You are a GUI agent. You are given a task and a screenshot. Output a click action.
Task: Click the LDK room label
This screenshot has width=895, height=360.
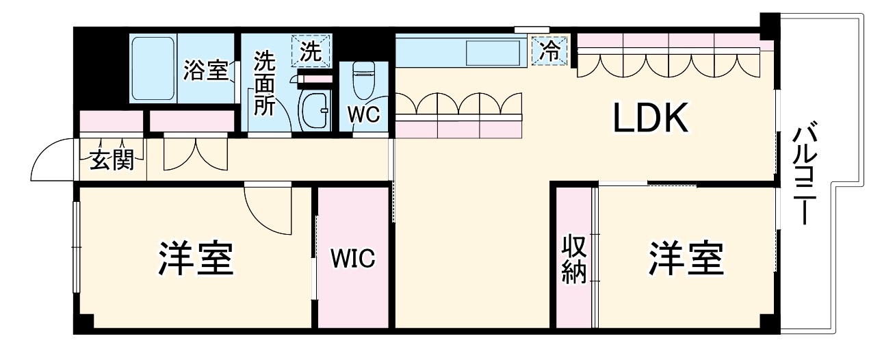(649, 119)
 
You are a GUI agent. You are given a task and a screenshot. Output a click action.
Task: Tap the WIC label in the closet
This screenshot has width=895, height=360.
(353, 259)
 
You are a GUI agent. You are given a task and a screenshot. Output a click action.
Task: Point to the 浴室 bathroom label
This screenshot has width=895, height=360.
(205, 70)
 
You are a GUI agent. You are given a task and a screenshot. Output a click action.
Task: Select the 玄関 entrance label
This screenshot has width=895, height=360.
(112, 162)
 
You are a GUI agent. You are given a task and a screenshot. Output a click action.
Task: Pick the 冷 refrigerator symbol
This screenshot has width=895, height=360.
(550, 50)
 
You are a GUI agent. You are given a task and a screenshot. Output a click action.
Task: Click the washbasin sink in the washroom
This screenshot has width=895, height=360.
(315, 106)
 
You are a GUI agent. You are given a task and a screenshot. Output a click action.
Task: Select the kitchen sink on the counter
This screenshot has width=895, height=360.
(493, 52)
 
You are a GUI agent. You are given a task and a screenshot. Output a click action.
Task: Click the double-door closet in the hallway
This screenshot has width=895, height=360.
(186, 156)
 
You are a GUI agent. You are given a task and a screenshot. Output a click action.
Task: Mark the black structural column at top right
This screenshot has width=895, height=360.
(771, 26)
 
